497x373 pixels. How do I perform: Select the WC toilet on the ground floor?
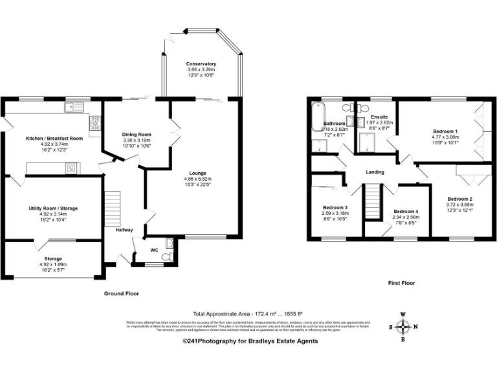pos(167,256)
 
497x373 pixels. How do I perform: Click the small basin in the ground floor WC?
pos(169,243)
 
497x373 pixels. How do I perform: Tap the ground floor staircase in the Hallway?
pos(113,205)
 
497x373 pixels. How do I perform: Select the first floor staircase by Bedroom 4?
pos(373,202)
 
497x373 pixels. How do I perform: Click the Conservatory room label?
pos(201,64)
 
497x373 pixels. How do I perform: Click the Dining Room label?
pos(137,134)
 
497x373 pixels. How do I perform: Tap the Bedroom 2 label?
pos(459,198)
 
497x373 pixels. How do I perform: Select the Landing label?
pos(375,172)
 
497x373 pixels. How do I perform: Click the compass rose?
pos(404,326)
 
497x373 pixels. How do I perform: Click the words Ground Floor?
pos(122,293)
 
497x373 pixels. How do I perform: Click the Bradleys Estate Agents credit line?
pos(250,341)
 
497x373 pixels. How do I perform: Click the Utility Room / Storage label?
pos(54,208)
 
